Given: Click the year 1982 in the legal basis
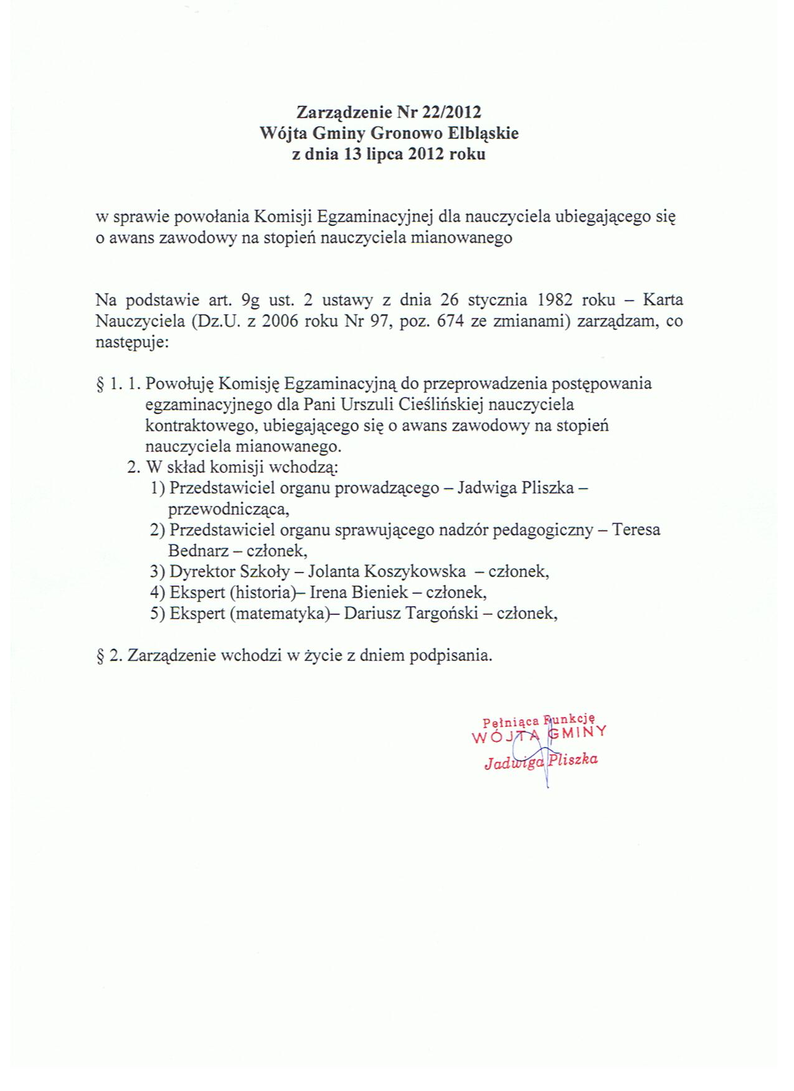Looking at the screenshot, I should pyautogui.click(x=554, y=300).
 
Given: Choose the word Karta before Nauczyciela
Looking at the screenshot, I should pyautogui.click(x=663, y=300).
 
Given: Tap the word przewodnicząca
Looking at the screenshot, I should pyautogui.click(x=228, y=509).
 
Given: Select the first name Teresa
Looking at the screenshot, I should pyautogui.click(x=636, y=530).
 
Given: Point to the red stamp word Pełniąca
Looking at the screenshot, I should pyautogui.click(x=511, y=722).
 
